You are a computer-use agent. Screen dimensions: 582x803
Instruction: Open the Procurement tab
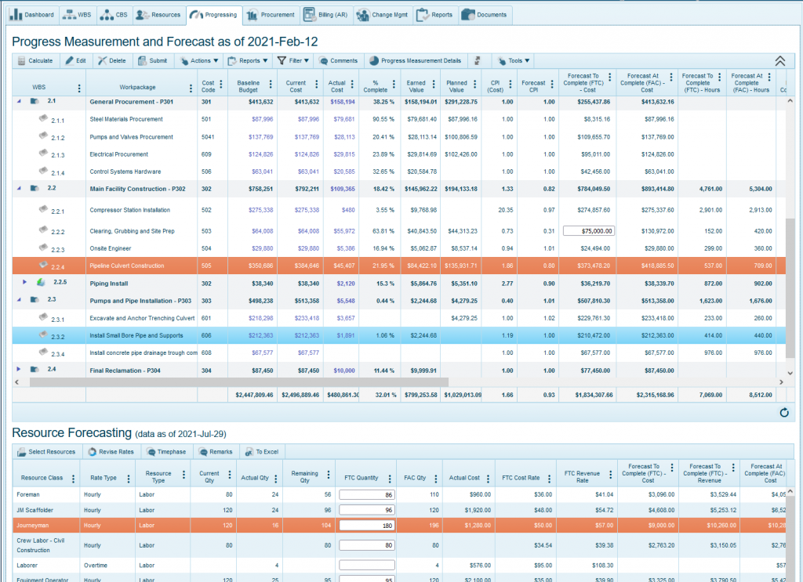tap(270, 15)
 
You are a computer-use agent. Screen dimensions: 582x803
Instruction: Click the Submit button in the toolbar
tap(152, 60)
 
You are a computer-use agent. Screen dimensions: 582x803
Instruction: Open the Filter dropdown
tap(293, 60)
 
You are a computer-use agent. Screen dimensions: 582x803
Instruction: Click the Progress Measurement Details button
tap(415, 60)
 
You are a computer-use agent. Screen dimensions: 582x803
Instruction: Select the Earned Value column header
tap(416, 86)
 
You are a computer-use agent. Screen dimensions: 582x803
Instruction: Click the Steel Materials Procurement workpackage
tap(126, 119)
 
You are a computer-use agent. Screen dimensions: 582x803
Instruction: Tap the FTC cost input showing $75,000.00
tap(587, 231)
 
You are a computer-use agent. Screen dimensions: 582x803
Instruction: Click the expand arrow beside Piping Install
tap(24, 283)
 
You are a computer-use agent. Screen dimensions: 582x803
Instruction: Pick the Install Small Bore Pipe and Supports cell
tap(136, 335)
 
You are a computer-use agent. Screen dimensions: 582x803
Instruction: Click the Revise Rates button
tap(111, 452)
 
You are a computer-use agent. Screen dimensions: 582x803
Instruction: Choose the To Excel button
tap(262, 452)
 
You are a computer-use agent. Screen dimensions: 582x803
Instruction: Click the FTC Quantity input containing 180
tap(366, 526)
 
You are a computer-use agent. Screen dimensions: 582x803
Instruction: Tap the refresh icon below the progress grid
tap(783, 412)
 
